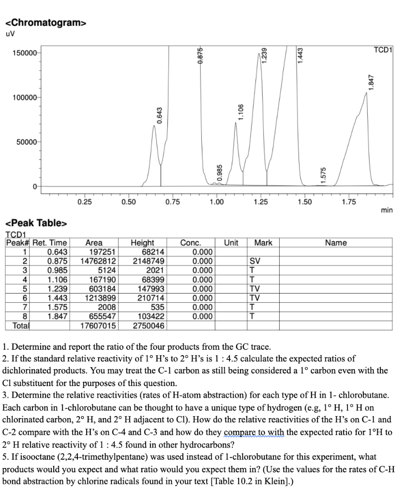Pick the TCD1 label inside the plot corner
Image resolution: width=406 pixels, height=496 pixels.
pyautogui.click(x=383, y=50)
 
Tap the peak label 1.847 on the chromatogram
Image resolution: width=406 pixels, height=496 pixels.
pyautogui.click(x=371, y=83)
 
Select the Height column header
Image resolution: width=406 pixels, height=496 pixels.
pyautogui.click(x=143, y=243)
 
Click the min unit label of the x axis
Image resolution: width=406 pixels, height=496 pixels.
pyautogui.click(x=387, y=210)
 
